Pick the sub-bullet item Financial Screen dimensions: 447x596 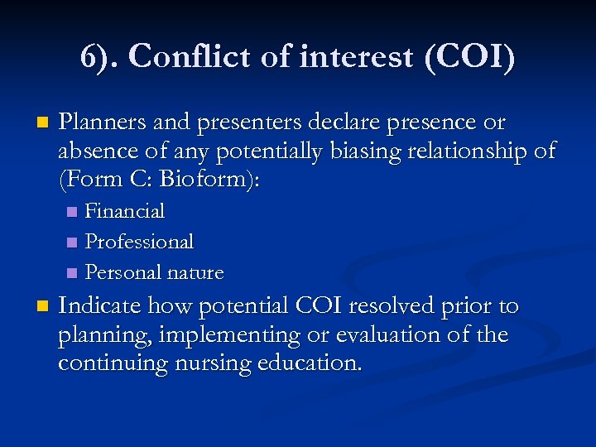pyautogui.click(x=125, y=212)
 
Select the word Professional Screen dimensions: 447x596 pyautogui.click(x=139, y=242)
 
